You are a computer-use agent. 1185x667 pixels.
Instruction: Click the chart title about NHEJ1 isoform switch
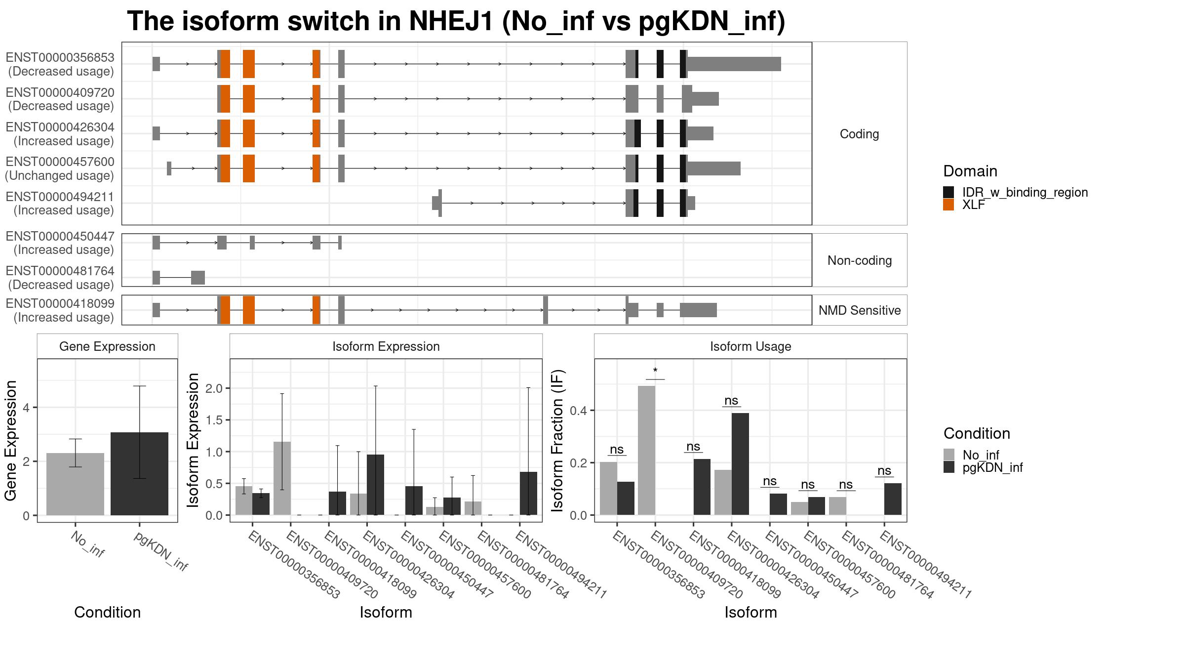(x=456, y=22)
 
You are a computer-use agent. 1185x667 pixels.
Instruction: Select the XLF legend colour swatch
(x=948, y=205)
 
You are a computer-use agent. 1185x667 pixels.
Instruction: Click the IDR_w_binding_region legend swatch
(x=948, y=192)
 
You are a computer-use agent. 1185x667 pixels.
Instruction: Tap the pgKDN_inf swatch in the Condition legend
(x=949, y=467)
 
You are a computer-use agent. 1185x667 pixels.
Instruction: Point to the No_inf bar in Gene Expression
(x=75, y=484)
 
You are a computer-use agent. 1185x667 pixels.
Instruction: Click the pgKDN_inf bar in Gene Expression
(x=139, y=474)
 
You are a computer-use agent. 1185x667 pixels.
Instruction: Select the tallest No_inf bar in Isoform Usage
(x=646, y=451)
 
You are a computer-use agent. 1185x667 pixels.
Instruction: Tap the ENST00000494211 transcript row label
(x=60, y=204)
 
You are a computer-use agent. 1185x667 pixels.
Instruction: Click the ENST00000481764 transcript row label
(x=60, y=278)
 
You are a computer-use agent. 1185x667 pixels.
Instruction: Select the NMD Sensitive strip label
(x=860, y=310)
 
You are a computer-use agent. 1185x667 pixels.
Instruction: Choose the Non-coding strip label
(x=860, y=260)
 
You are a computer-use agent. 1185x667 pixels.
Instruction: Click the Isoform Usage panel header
(x=750, y=346)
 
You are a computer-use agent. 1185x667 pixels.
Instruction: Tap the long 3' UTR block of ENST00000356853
(x=734, y=64)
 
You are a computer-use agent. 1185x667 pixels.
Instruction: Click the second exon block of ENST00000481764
(x=198, y=278)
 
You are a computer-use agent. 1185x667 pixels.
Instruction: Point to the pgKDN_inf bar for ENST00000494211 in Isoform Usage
(x=893, y=499)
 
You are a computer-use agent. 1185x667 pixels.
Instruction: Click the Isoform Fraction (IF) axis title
(x=558, y=440)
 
